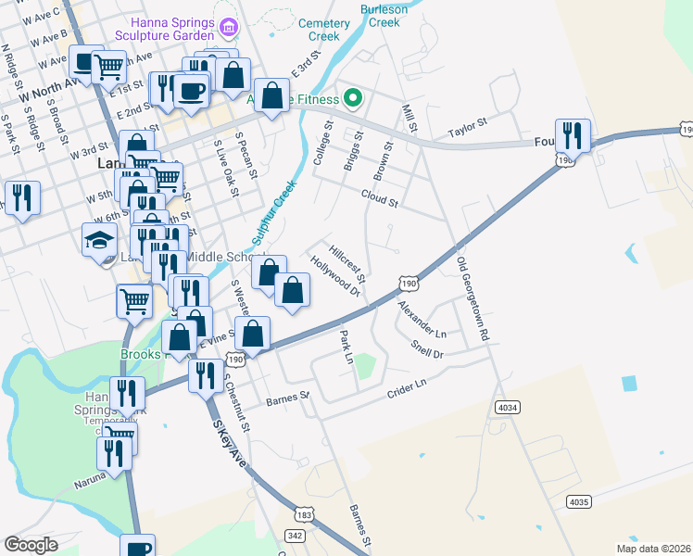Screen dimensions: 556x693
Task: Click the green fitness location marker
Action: (x=352, y=97)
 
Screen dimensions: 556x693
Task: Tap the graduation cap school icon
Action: (x=99, y=239)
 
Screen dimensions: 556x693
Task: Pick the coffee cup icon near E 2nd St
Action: (x=193, y=91)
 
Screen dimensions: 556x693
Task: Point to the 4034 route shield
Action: (x=508, y=407)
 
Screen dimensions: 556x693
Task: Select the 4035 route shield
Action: (x=578, y=501)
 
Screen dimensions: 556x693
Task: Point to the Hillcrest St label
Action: (x=348, y=262)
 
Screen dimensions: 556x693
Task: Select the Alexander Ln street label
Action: (x=422, y=318)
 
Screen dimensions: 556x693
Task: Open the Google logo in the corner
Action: (x=31, y=545)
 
